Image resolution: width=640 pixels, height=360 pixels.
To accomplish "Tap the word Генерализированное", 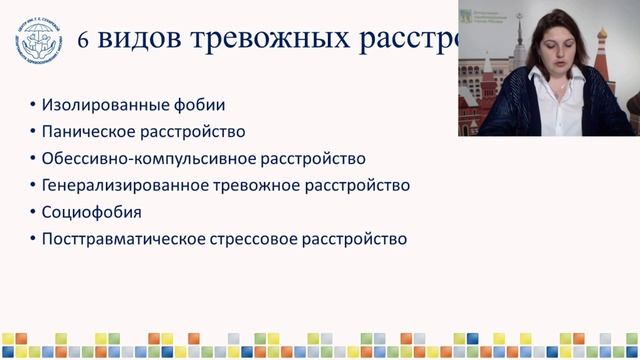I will (x=121, y=186).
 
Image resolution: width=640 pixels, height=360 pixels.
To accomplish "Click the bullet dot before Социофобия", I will (x=33, y=213).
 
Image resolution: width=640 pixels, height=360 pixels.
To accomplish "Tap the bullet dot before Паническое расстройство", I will (x=33, y=132).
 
